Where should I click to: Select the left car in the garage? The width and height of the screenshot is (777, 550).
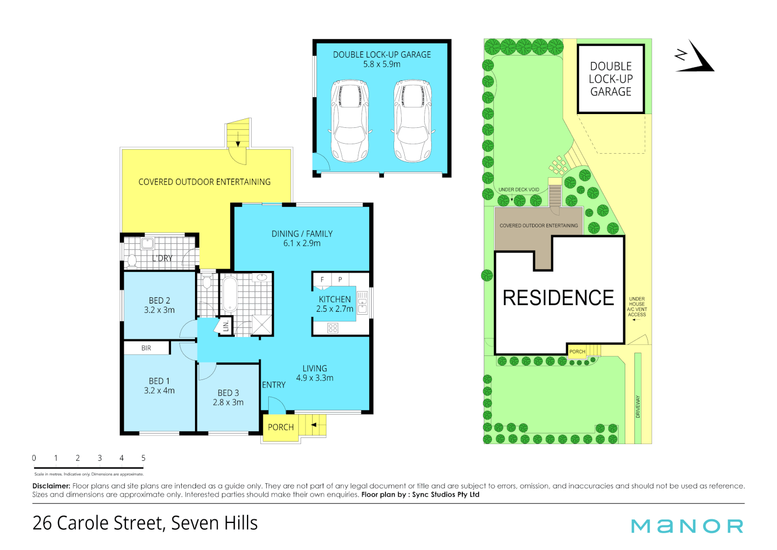point(350,120)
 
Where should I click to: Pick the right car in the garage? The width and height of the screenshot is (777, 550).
point(412,120)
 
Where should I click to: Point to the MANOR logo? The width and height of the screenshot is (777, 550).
point(687,526)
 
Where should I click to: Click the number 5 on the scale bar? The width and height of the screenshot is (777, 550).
point(144,458)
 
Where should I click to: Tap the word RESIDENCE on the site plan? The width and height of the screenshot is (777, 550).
point(558,298)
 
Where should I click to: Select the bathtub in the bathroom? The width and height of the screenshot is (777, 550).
point(230,294)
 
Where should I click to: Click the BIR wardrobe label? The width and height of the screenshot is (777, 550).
point(146,348)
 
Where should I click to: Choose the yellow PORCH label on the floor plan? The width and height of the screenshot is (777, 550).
point(281,427)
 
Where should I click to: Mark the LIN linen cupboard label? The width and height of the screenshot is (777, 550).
point(226,326)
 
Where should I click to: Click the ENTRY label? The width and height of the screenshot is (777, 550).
point(274,385)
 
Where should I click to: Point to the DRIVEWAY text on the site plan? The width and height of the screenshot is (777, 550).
point(638,406)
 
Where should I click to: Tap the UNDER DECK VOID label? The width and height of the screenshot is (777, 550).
point(518,189)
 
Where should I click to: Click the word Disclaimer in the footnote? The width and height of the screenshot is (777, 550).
point(51,486)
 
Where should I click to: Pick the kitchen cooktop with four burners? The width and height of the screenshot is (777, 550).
point(332,328)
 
